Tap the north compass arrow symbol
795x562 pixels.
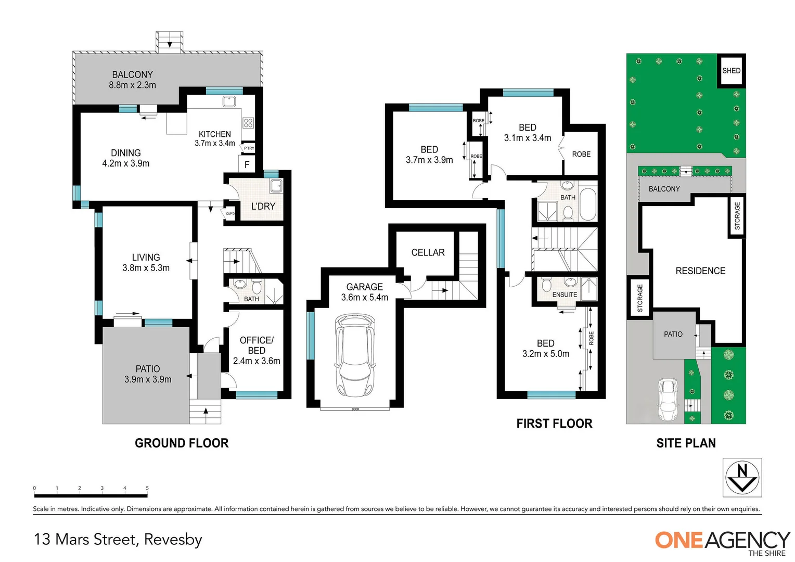tap(742, 477)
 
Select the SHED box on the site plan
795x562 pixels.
tap(731, 71)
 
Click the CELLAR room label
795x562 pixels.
tap(428, 252)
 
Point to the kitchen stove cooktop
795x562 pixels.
tap(248, 123)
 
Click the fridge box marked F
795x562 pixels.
tap(247, 164)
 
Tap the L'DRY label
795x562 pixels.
tap(263, 206)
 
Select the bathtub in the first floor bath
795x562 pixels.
tap(588, 205)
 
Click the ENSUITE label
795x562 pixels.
tap(565, 295)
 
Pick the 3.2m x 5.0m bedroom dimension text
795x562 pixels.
tap(545, 354)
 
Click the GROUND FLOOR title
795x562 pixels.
tap(182, 443)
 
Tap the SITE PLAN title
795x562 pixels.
tap(686, 443)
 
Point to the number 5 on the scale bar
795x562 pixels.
tap(147, 488)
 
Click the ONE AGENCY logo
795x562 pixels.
tap(722, 541)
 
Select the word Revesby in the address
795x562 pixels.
tap(173, 540)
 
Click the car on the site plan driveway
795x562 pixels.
tap(668, 399)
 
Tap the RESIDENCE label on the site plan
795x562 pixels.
tap(700, 271)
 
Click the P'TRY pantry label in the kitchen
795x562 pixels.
tap(249, 148)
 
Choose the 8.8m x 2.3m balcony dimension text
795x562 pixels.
tap(132, 85)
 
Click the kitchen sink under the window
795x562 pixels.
tap(229, 101)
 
